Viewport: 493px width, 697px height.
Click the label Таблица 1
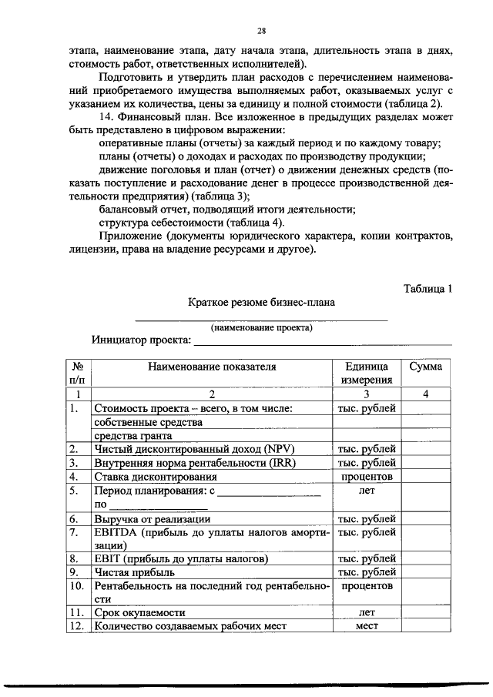pos(428,288)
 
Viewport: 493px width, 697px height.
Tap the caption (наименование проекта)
pos(262,327)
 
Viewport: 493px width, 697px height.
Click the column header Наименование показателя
pos(212,367)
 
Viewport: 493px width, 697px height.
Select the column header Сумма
pos(426,367)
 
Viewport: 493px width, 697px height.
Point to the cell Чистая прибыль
pos(134,572)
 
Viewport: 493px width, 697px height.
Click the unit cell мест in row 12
pos(367,626)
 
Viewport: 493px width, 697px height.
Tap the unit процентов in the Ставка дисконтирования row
pos(367,477)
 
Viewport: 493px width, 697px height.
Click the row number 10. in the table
pos(77,586)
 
